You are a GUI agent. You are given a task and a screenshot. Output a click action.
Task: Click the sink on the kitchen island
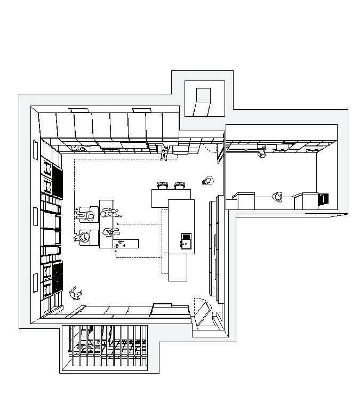pyautogui.click(x=186, y=240)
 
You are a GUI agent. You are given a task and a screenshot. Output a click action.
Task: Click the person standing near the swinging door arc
pyautogui.click(x=207, y=181)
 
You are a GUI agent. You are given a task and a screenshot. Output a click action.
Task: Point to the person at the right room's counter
pyautogui.click(x=277, y=197)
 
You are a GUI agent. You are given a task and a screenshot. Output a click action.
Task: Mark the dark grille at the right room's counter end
pyautogui.click(x=324, y=199)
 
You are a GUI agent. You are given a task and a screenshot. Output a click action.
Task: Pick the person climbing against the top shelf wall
pyautogui.click(x=165, y=153)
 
